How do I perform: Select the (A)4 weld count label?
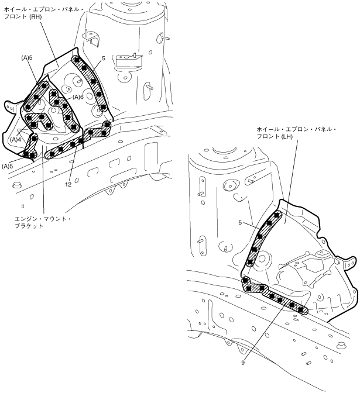tap(16, 139)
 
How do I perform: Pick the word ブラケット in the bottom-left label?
tap(29, 226)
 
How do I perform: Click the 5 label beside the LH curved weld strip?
tap(240, 223)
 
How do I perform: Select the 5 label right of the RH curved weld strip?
tap(102, 58)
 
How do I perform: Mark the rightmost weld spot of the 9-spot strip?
tap(301, 309)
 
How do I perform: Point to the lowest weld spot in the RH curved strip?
tap(103, 107)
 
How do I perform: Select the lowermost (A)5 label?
tap(8, 166)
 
